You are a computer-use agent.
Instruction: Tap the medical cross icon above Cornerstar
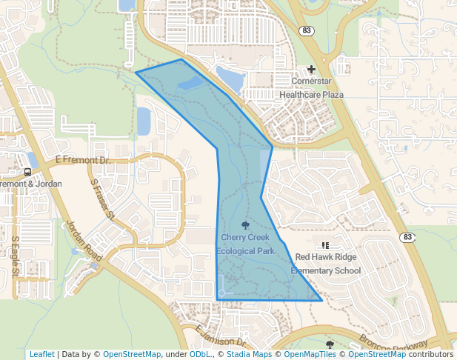point(312,69)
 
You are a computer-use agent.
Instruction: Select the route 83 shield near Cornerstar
point(307,30)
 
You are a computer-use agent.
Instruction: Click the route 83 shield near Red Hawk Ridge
point(407,237)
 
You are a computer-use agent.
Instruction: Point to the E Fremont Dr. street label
point(82,160)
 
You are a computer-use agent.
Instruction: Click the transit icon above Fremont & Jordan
point(27,172)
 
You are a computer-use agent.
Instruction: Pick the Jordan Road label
point(84,240)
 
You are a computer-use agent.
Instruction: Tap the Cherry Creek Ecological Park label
point(245,244)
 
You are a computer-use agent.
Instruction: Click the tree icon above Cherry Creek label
point(245,225)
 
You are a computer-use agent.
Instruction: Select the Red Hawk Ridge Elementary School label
point(325,264)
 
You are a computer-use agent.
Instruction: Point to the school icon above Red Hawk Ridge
point(324,245)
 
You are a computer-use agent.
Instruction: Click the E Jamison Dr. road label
point(220,337)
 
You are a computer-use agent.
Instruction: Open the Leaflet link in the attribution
point(41,355)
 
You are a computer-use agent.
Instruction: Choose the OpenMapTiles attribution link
point(310,355)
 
